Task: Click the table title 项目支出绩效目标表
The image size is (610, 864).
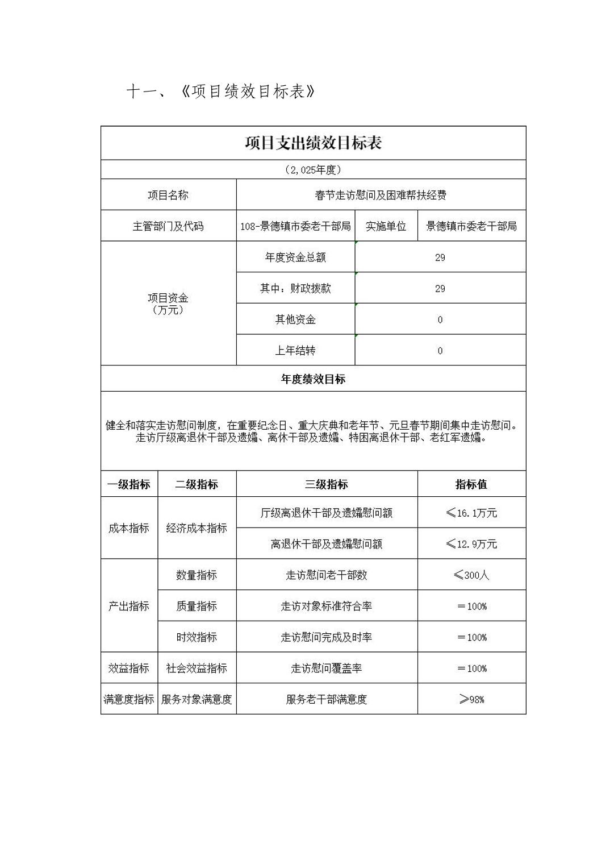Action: click(313, 143)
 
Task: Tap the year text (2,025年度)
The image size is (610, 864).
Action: click(313, 169)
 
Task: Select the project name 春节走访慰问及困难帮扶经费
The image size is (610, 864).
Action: click(381, 195)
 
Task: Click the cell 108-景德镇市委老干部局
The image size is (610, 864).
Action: click(295, 226)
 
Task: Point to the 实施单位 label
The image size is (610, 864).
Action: click(386, 226)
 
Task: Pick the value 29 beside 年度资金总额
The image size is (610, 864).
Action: click(440, 257)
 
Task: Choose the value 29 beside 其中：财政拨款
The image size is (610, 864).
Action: click(440, 289)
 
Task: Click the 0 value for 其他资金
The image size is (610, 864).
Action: click(440, 319)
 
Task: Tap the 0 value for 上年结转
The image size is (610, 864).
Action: click(440, 351)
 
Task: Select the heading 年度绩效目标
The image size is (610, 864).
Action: click(313, 379)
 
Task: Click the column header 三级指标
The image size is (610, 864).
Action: click(327, 484)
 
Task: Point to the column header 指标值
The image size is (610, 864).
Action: click(471, 484)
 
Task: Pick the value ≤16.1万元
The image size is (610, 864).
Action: click(471, 513)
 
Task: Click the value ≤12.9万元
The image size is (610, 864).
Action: click(471, 544)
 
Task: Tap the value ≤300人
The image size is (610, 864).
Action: click(471, 575)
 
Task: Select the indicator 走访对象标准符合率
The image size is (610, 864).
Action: click(327, 606)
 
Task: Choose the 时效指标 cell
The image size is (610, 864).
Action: click(197, 637)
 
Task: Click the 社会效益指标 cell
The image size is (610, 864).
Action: click(197, 668)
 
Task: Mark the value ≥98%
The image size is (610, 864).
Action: click(471, 699)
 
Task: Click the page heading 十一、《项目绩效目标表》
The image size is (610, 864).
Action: click(220, 92)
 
